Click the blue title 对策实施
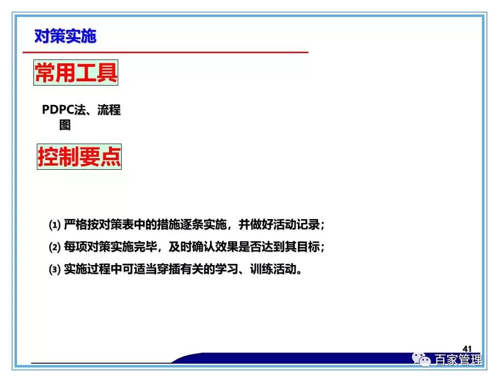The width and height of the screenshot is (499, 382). coord(65,36)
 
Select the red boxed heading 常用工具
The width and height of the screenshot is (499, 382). coord(76,73)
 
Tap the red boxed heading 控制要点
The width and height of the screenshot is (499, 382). coord(79,157)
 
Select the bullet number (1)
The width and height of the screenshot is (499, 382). coord(55,225)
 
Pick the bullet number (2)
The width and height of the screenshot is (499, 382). coord(55,247)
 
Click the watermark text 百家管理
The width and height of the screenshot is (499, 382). coord(458,360)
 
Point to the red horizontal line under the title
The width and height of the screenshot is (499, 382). coord(165,52)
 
